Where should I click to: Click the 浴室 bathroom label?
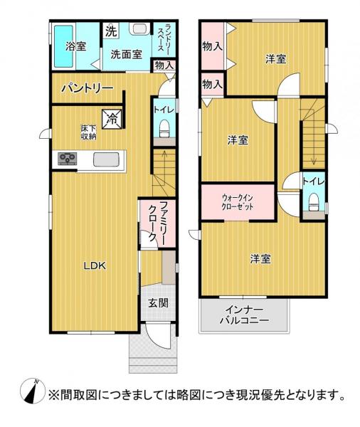click(76, 47)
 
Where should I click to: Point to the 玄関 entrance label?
click(158, 302)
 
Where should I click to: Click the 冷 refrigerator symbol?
click(112, 118)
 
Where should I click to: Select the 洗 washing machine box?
click(112, 31)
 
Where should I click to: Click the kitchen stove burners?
click(68, 159)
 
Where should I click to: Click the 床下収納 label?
click(88, 132)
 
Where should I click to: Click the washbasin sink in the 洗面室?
click(139, 29)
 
